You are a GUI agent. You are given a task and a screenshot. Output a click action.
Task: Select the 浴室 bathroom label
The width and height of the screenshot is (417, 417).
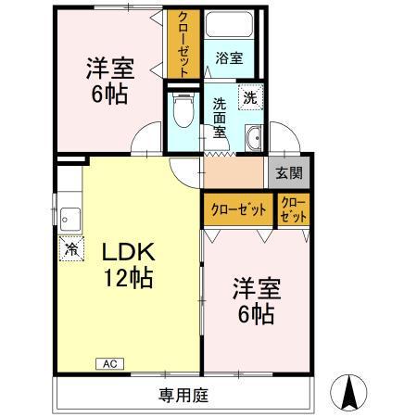[x=230, y=57]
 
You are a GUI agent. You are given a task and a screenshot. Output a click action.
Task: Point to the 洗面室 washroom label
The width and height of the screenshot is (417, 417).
[x=220, y=118]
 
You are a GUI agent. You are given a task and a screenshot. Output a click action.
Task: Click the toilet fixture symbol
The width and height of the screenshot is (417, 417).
[x=183, y=112]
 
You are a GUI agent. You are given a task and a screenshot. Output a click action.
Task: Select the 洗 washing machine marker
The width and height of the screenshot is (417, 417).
[x=250, y=95]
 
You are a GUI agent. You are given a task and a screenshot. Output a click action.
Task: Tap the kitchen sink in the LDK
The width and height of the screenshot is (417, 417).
[x=68, y=219]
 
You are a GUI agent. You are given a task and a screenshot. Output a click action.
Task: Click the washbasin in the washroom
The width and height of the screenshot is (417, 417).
[x=253, y=140]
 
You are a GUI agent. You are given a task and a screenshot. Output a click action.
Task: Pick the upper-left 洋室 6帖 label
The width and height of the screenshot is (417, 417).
[x=108, y=81]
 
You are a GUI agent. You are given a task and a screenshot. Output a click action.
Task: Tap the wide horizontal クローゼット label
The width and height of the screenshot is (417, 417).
[x=238, y=209]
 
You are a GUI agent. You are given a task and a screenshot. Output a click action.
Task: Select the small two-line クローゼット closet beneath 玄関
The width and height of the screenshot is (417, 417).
[x=291, y=209]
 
